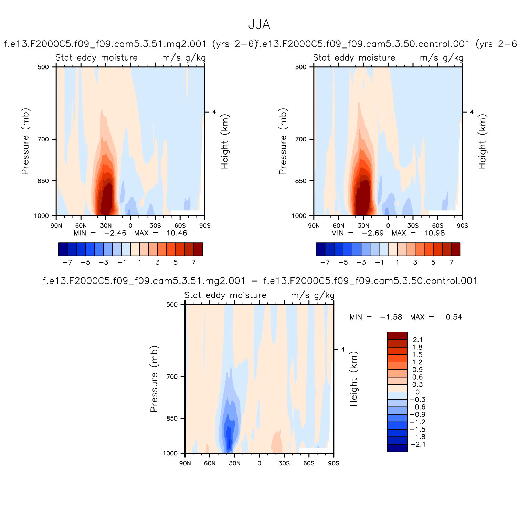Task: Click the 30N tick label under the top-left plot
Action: (x=106, y=226)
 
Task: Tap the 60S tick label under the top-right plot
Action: (x=437, y=226)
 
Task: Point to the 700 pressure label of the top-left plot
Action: (x=43, y=139)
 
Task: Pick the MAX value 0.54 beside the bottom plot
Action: (x=454, y=317)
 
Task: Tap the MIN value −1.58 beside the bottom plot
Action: (x=391, y=317)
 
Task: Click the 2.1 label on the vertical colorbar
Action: (x=417, y=340)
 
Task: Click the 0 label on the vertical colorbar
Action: (x=417, y=392)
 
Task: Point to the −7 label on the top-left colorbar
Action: (x=67, y=262)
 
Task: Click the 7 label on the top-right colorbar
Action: (x=451, y=262)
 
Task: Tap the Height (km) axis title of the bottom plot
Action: (x=354, y=379)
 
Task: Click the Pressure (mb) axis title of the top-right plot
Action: (x=283, y=141)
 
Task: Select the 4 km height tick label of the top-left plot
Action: (x=214, y=112)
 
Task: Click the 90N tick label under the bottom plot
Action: (x=185, y=463)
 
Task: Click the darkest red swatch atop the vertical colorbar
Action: (x=397, y=336)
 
